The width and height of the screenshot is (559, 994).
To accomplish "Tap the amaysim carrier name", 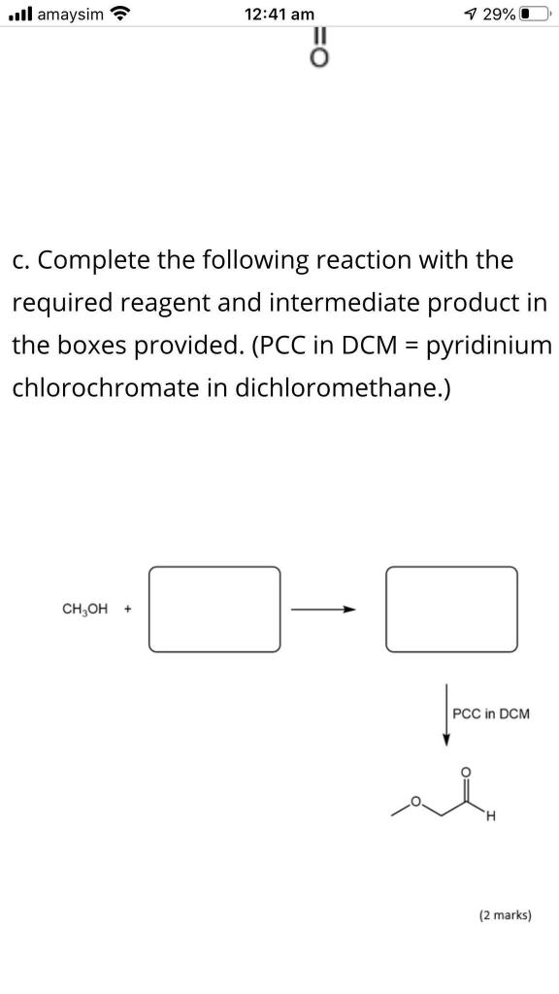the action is pos(70,14).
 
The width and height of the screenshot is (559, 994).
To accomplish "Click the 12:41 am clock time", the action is pos(279,14).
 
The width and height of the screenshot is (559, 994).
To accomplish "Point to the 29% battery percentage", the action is pos(498,14).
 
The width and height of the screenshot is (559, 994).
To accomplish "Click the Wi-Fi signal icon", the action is pos(120,14).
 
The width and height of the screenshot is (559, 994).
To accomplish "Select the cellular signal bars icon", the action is pos(21,14).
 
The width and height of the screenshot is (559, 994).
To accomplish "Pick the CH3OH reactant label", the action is pos(84,610).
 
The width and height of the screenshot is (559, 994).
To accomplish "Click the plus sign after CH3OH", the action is pos(128,610).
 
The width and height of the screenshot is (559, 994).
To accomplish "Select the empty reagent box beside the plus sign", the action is pos(214,567).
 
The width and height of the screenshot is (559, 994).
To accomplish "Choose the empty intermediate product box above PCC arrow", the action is pos(451,567).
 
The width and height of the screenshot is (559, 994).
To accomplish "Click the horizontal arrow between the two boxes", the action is pos(323,610).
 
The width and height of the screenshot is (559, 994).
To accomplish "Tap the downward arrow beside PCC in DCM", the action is pos(446,714).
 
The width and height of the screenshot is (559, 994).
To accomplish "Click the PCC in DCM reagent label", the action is pos(491,713).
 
